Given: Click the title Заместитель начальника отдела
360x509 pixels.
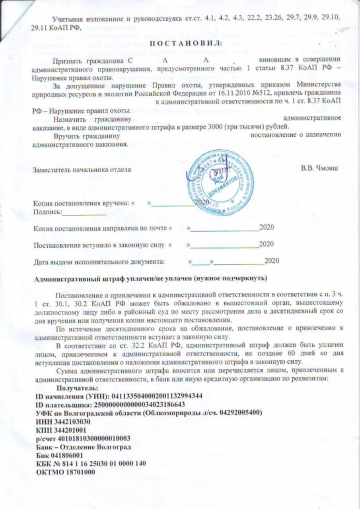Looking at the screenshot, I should click(82, 169).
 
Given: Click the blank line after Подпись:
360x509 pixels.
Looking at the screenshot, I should click(84, 212).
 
